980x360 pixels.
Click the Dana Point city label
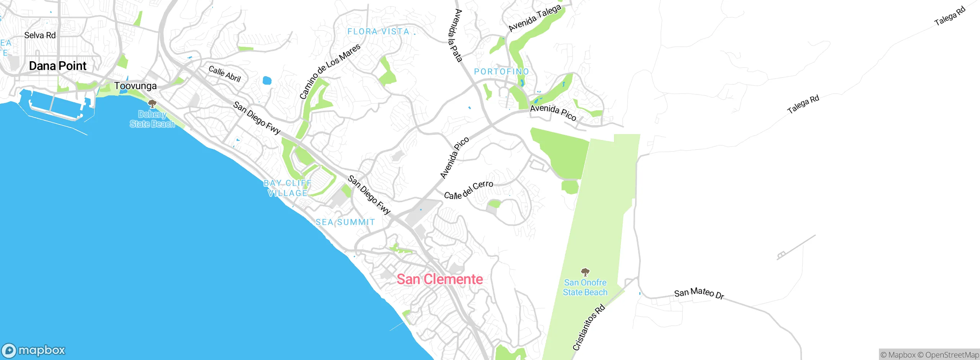[x=58, y=66]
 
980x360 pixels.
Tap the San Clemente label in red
[x=439, y=279]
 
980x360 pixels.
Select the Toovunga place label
[x=135, y=86]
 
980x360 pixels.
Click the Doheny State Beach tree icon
[x=152, y=103]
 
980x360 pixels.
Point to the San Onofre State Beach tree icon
[x=585, y=272]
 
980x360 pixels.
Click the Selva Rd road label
[x=40, y=35]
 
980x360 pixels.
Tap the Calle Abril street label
[x=225, y=74]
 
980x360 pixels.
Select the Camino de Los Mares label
[x=330, y=72]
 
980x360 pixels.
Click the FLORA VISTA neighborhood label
[x=378, y=32]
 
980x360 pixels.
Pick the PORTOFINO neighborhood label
[x=501, y=72]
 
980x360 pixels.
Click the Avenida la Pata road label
[x=456, y=36]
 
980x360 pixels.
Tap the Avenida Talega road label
[x=535, y=18]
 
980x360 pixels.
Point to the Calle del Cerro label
[x=469, y=190]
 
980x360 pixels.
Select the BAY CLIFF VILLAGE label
[x=287, y=188]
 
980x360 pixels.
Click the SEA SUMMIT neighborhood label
[x=345, y=222]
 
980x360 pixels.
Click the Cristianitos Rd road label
[x=589, y=327]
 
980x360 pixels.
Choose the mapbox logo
[x=34, y=350]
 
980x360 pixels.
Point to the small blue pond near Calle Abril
[x=267, y=80]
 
